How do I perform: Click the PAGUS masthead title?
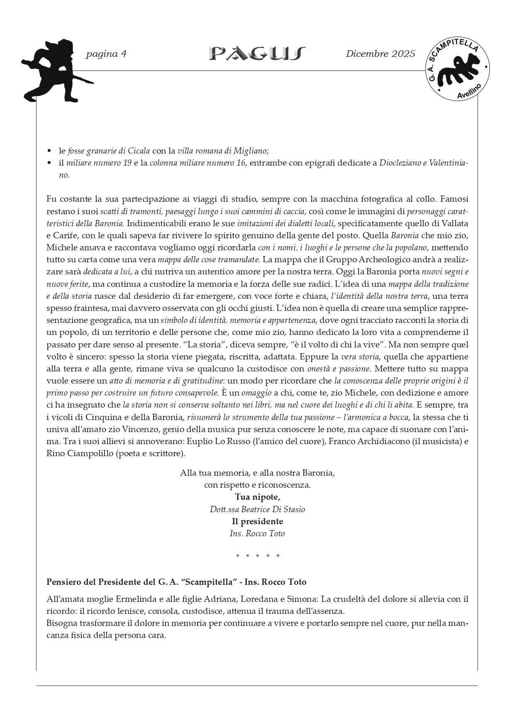(257, 54)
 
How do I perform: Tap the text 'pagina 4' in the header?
(106, 54)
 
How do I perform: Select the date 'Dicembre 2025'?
(380, 54)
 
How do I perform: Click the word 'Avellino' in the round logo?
(469, 91)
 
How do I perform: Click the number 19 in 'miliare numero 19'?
(127, 163)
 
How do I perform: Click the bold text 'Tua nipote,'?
(257, 497)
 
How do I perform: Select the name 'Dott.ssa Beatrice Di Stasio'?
(257, 509)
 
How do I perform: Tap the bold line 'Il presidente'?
(257, 521)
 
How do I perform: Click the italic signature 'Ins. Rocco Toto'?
(257, 533)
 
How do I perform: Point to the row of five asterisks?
(257, 556)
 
